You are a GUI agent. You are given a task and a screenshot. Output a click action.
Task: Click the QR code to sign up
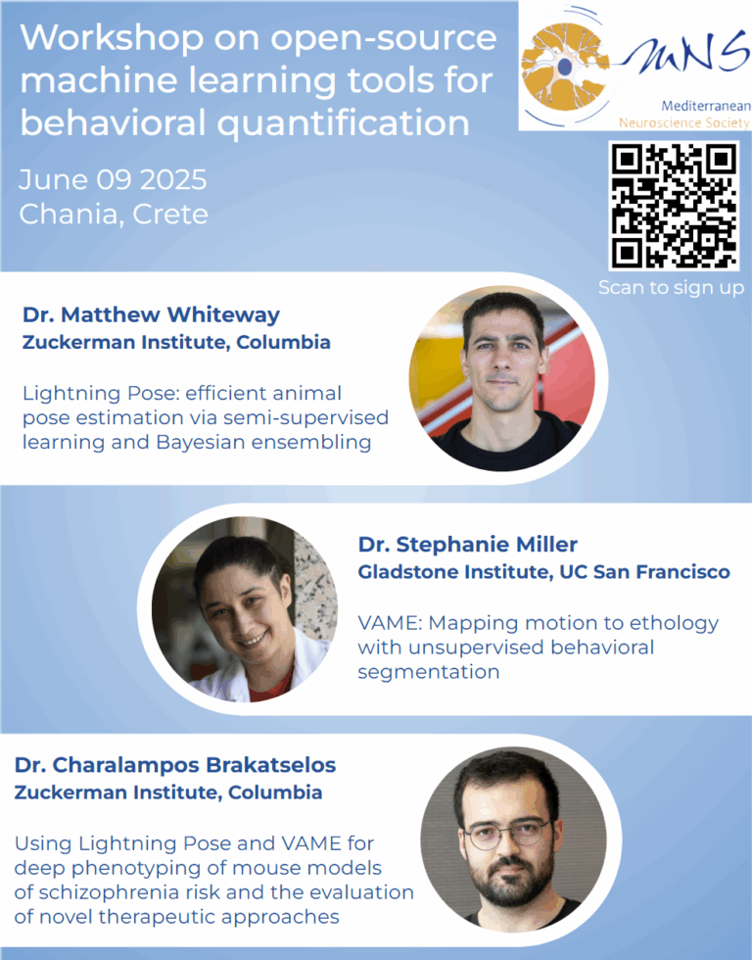[673, 206]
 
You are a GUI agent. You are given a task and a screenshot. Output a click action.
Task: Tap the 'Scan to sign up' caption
[673, 288]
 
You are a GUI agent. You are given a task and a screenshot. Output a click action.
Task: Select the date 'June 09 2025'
[113, 180]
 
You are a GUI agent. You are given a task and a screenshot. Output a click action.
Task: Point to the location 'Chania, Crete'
[114, 214]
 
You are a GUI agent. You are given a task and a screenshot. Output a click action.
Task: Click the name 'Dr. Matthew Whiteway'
[151, 314]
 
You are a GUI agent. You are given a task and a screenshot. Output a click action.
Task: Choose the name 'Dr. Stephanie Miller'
[468, 544]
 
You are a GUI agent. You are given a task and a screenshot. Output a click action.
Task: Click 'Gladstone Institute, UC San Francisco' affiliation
[543, 572]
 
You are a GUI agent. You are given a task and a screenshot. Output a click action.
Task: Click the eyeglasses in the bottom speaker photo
[506, 834]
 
